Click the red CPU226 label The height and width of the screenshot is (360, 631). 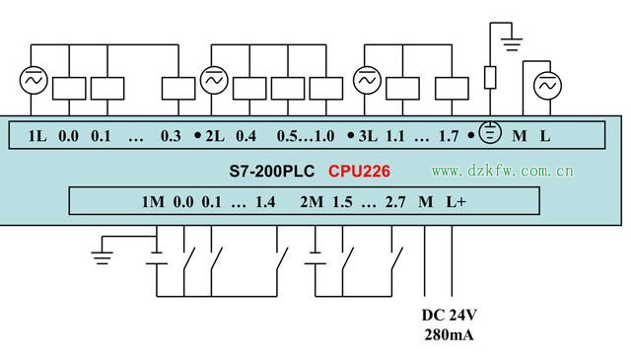[x=359, y=172]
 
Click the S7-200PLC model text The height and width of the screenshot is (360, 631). [x=271, y=172]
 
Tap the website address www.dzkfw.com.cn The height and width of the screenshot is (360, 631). [x=502, y=172]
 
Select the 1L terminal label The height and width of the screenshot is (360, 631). [x=37, y=135]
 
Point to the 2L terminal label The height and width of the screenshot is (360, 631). [x=216, y=135]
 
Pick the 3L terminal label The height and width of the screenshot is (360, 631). [x=368, y=135]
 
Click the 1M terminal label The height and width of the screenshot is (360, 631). [x=152, y=202]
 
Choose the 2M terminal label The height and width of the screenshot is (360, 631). [x=311, y=202]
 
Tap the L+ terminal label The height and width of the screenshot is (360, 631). [x=456, y=202]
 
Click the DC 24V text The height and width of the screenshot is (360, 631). [x=449, y=316]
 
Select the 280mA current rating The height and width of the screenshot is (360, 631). [x=449, y=335]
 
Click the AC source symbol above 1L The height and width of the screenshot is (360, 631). [x=33, y=79]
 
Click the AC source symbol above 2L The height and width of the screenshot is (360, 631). [x=214, y=79]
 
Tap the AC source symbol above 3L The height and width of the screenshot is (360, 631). [x=367, y=79]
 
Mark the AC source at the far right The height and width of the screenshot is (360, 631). [x=548, y=87]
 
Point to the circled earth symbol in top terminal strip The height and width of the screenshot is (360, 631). [x=490, y=133]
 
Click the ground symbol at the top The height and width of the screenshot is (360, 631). [x=510, y=40]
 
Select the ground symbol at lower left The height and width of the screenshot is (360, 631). [x=101, y=256]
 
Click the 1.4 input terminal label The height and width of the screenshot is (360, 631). [x=264, y=202]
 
